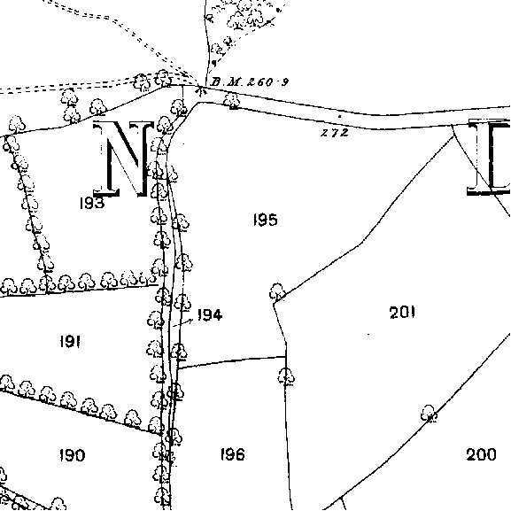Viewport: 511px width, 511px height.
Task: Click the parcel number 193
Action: coord(92,203)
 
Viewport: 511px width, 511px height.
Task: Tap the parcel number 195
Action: coord(266,220)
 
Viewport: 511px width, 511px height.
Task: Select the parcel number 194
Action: coord(210,314)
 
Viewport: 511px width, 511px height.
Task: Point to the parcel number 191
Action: coord(70,342)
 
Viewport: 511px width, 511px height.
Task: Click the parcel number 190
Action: coord(72,455)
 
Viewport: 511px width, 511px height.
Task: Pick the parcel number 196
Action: coord(232,454)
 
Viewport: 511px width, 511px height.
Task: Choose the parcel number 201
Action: coord(402,313)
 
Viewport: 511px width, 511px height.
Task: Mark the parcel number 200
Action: coord(482,454)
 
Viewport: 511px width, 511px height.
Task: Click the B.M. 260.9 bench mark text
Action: coord(250,81)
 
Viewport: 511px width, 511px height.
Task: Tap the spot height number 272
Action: coord(335,133)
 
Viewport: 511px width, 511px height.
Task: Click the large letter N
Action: coord(123,159)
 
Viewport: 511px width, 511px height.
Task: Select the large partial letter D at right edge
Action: coord(489,158)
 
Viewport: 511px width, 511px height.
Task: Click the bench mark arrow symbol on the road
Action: coord(200,89)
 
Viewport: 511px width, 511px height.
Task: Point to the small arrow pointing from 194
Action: coord(183,322)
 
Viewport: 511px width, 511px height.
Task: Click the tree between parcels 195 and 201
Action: coord(277,291)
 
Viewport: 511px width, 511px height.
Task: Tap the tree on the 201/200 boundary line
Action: coord(429,414)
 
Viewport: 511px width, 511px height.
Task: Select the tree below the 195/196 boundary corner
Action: coord(286,376)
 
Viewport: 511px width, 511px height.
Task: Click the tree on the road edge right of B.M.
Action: coord(232,101)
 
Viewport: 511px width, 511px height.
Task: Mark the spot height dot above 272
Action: coord(339,116)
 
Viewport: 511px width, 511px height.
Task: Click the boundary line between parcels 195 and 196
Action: coord(231,361)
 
